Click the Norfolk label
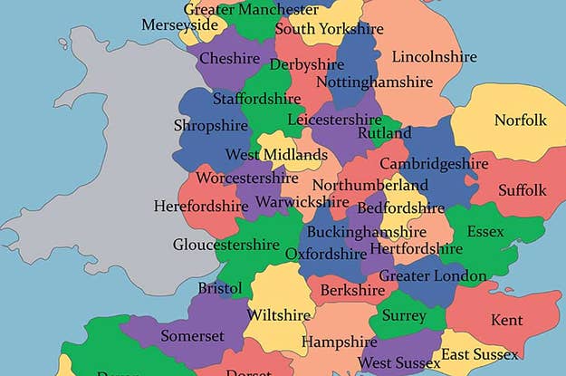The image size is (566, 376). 521,121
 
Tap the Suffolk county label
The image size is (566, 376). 522,190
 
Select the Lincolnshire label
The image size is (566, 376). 434,57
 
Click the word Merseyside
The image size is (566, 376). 179,25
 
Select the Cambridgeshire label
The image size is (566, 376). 434,164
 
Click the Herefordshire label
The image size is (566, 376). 201,206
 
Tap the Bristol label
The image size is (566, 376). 220,288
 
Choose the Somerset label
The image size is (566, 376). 191,335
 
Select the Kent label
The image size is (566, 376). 506,320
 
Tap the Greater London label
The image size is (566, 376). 433,275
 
